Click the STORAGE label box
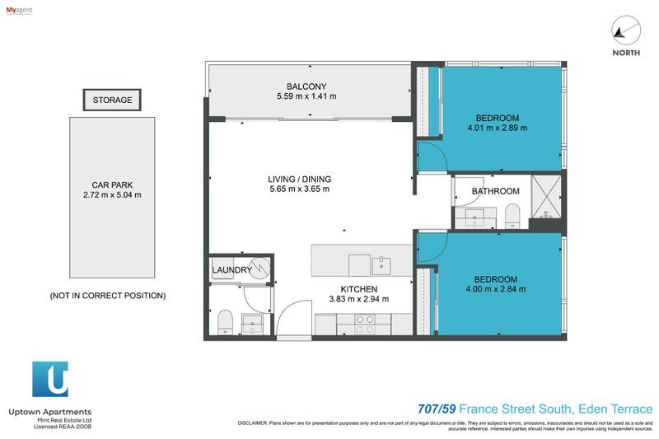click(112, 100)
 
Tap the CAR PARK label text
click(113, 184)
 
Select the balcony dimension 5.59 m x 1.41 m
click(306, 97)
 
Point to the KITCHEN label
click(359, 289)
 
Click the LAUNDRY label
click(232, 270)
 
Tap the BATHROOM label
click(495, 192)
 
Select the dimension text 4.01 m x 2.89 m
click(497, 128)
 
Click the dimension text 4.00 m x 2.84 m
click(496, 289)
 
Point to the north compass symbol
click(626, 31)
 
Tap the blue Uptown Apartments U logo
click(50, 380)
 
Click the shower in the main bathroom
click(544, 201)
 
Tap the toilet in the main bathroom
click(512, 217)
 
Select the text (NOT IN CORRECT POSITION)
click(108, 295)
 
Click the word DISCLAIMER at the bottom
click(251, 423)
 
